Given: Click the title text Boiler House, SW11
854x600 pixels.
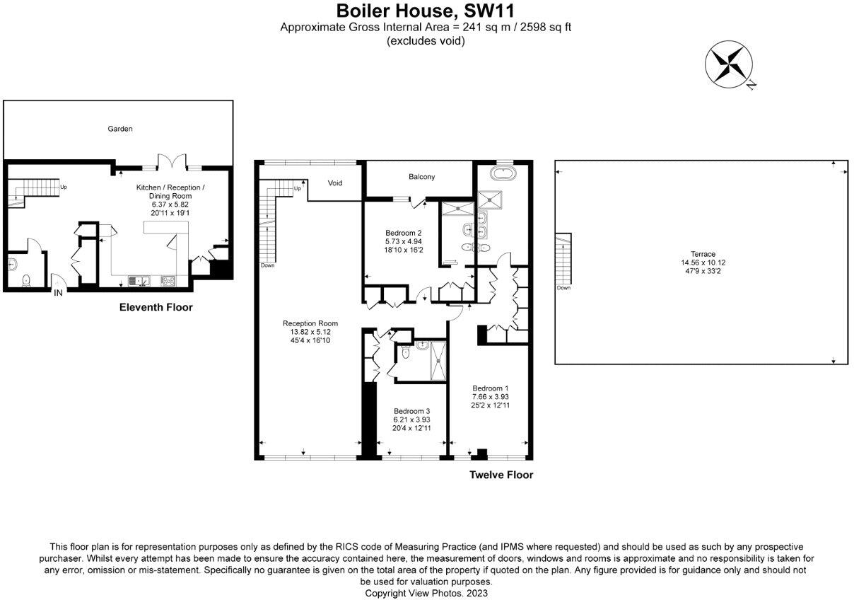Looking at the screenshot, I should (426, 11).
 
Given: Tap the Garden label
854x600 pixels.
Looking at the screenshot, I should (119, 129).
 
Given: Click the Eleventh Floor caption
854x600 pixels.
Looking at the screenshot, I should (156, 308).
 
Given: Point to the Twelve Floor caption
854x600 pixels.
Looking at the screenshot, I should (501, 475).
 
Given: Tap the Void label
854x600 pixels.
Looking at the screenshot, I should (335, 183).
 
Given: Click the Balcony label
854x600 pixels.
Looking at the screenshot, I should (421, 177).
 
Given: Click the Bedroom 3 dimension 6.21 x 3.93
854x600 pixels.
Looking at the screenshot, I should (411, 420).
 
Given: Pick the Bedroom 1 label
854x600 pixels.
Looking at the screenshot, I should (491, 388).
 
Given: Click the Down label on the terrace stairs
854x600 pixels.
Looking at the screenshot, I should (563, 288).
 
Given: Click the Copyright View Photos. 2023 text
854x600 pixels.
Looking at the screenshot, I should (426, 593).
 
